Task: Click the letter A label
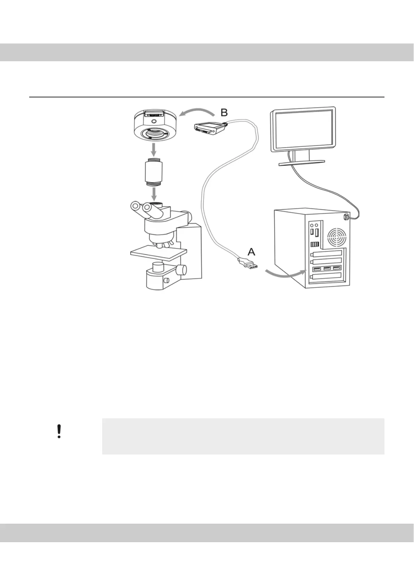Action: pos(251,252)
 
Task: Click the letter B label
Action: pos(224,113)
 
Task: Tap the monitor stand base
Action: pos(302,162)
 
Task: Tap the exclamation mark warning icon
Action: pos(59,431)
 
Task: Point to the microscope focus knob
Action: pos(181,269)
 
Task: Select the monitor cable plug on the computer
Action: pos(345,217)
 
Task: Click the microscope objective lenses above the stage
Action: pos(163,244)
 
